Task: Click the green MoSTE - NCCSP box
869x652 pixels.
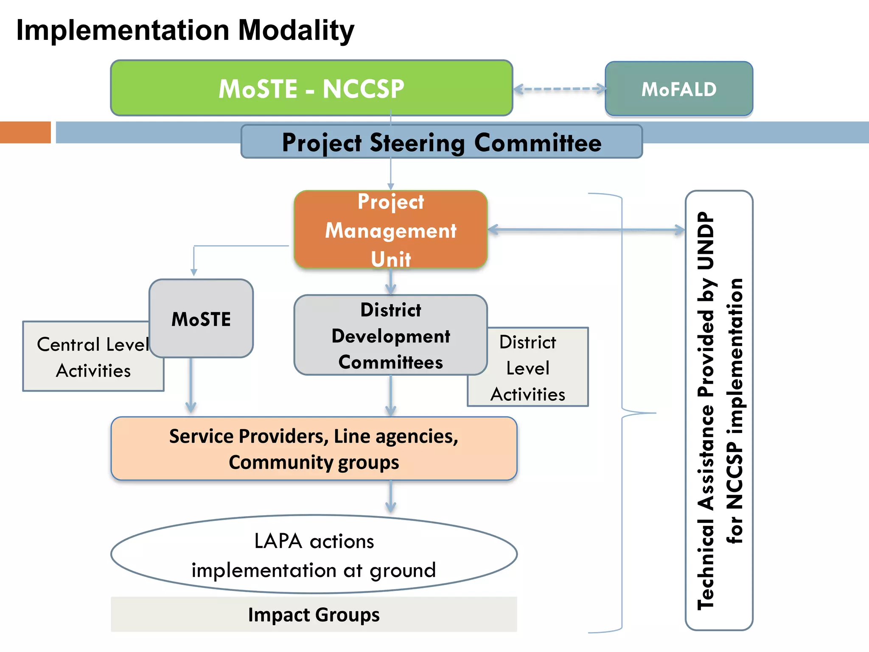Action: (x=311, y=88)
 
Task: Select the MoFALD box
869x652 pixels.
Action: (x=678, y=89)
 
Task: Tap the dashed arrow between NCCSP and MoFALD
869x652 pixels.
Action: (x=559, y=89)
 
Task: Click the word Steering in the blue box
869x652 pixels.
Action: (x=418, y=143)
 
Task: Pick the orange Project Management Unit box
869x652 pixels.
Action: (x=390, y=230)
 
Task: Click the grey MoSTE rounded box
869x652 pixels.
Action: (x=201, y=319)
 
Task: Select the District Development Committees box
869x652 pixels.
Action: (x=390, y=335)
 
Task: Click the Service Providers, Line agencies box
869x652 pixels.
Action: (x=314, y=449)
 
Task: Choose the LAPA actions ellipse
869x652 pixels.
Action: (x=314, y=554)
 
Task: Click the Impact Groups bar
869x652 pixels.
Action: (x=314, y=615)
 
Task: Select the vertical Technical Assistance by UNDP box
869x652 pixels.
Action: (x=719, y=410)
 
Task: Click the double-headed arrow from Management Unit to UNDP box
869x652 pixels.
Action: (x=586, y=230)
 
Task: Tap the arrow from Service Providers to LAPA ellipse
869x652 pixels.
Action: (x=391, y=497)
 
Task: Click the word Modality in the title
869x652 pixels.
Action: (x=296, y=31)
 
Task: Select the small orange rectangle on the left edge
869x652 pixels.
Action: (x=25, y=132)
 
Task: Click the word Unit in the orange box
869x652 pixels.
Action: (x=390, y=259)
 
